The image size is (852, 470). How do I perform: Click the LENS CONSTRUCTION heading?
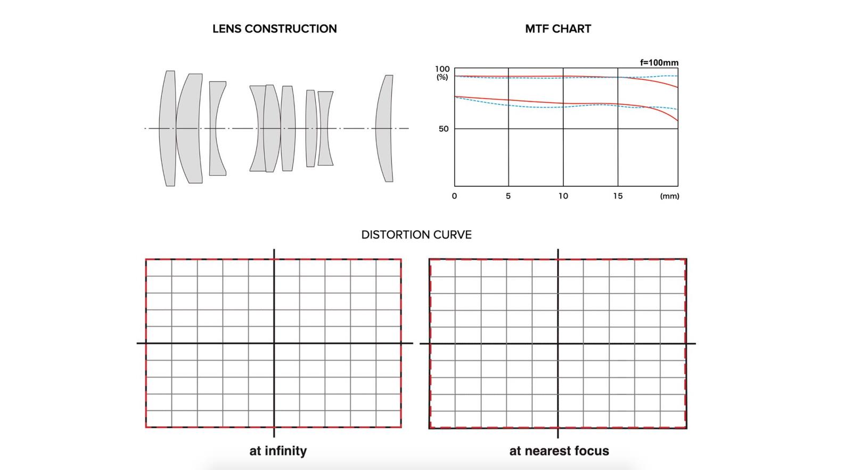(x=274, y=29)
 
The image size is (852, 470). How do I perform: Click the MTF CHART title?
(x=558, y=29)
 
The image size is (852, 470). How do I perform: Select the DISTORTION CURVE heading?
(x=416, y=235)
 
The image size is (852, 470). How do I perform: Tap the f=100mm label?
(x=659, y=63)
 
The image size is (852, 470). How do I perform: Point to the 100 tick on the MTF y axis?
(x=443, y=69)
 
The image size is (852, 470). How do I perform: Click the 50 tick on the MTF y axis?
(x=444, y=129)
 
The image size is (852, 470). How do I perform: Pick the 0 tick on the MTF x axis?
(x=454, y=196)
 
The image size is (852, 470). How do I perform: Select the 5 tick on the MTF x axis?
(x=508, y=196)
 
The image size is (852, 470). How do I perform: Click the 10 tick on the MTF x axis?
(x=563, y=196)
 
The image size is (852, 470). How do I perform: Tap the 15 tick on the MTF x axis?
(x=617, y=196)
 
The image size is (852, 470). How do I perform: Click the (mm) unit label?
(x=669, y=196)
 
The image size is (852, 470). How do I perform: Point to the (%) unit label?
(x=443, y=77)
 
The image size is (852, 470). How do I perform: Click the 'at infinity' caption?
(x=278, y=451)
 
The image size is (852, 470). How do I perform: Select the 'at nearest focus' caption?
(x=559, y=451)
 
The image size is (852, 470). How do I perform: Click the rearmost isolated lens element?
(x=385, y=128)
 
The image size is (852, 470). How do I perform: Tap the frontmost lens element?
(x=168, y=128)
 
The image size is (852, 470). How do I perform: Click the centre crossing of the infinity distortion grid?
(x=274, y=343)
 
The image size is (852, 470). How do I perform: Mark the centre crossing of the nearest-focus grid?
(x=558, y=343)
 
